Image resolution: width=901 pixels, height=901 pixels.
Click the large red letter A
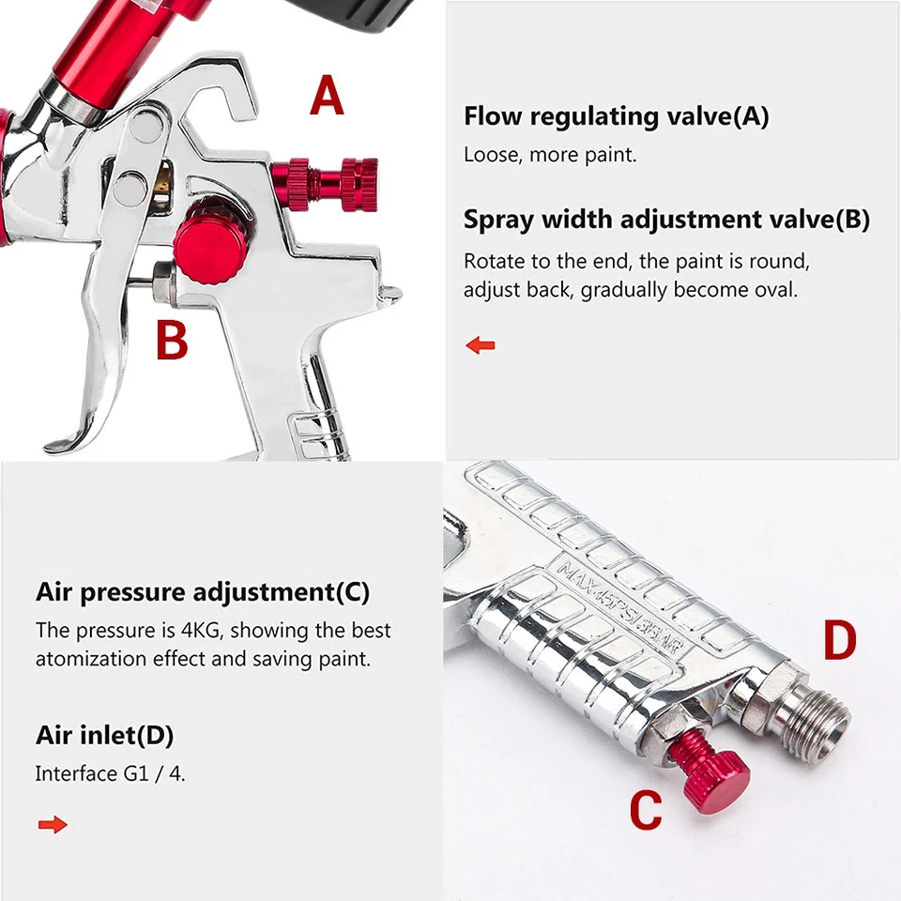click(327, 98)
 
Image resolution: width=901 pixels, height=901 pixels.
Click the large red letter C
click(645, 810)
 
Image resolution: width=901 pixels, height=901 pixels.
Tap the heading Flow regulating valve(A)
click(616, 117)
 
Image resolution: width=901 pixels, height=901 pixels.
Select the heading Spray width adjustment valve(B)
click(666, 220)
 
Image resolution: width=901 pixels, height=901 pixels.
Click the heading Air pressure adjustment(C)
click(203, 593)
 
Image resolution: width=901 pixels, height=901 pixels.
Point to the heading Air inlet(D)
click(104, 736)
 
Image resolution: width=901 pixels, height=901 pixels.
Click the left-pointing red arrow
click(481, 345)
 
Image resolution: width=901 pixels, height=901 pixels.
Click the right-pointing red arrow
click(53, 825)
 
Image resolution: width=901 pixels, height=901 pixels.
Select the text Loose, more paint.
click(550, 155)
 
